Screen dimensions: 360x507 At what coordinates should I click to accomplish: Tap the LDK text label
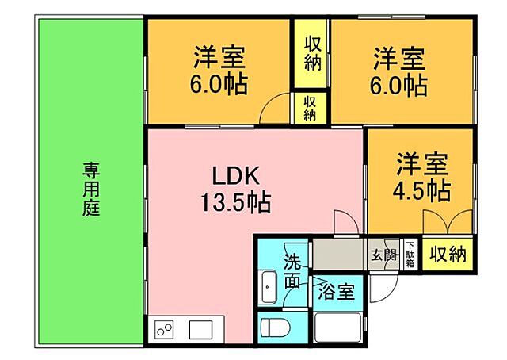tap(231, 175)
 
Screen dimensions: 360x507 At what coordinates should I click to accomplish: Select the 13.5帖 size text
tap(235, 202)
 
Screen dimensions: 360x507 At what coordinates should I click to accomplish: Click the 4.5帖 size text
tap(422, 190)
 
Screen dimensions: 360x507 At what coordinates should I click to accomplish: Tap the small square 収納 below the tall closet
tap(310, 107)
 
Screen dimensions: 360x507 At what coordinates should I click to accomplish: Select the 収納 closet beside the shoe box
tap(448, 255)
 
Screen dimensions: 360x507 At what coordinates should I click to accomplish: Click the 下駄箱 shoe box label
tap(410, 255)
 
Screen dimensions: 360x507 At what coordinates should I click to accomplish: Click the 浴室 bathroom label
tap(336, 292)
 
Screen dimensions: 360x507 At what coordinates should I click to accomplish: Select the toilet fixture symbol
tap(273, 327)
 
